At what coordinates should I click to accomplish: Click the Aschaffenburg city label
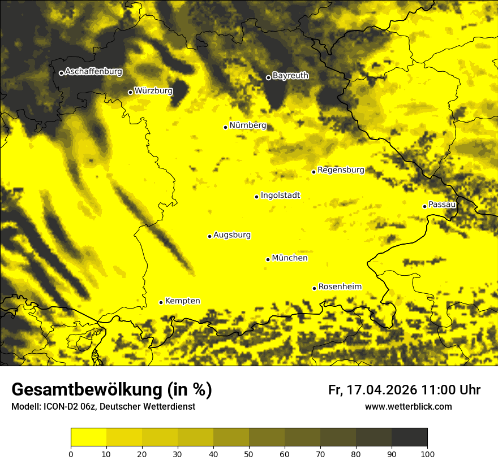tap(93, 72)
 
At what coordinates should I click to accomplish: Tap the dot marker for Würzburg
tap(130, 92)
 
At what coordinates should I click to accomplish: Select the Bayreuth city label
tap(290, 76)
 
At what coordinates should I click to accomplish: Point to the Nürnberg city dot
tap(225, 127)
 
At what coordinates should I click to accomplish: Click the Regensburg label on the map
tap(341, 170)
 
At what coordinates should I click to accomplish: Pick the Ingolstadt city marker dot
tap(256, 197)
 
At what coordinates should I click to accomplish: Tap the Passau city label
tap(442, 205)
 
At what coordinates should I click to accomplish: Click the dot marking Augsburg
tap(209, 236)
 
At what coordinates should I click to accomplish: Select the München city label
tap(290, 258)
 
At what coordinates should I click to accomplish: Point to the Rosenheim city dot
tap(314, 288)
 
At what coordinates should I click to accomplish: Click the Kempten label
tap(182, 301)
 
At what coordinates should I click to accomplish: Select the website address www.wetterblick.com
tap(408, 406)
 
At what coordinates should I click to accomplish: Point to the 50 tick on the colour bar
tap(249, 453)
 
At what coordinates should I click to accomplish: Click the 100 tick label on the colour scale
tap(427, 453)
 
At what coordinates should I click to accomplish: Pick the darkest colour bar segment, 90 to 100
tap(409, 437)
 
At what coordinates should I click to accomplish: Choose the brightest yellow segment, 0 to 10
tap(88, 437)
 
